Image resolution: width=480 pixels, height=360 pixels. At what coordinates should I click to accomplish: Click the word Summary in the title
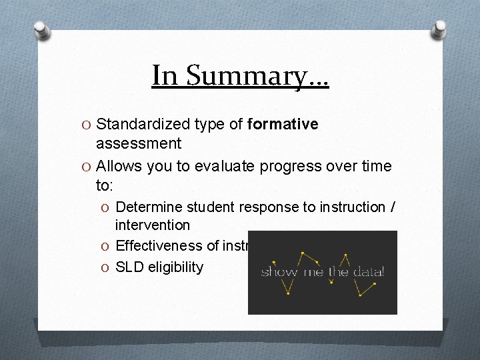click(258, 76)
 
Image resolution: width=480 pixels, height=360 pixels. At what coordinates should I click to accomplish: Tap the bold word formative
click(283, 124)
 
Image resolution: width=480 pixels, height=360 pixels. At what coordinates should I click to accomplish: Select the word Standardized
click(143, 124)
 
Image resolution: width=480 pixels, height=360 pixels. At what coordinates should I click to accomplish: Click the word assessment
click(139, 143)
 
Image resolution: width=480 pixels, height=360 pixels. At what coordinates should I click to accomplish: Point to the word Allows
click(119, 166)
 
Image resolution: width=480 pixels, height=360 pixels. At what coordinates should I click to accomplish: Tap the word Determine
click(147, 207)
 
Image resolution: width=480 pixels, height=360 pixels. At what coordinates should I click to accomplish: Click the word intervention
click(153, 225)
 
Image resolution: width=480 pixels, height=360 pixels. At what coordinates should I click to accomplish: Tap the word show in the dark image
click(279, 272)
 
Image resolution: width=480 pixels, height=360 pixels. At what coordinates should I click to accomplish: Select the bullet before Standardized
click(87, 125)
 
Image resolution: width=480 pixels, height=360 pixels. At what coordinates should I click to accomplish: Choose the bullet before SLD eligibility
click(107, 267)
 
